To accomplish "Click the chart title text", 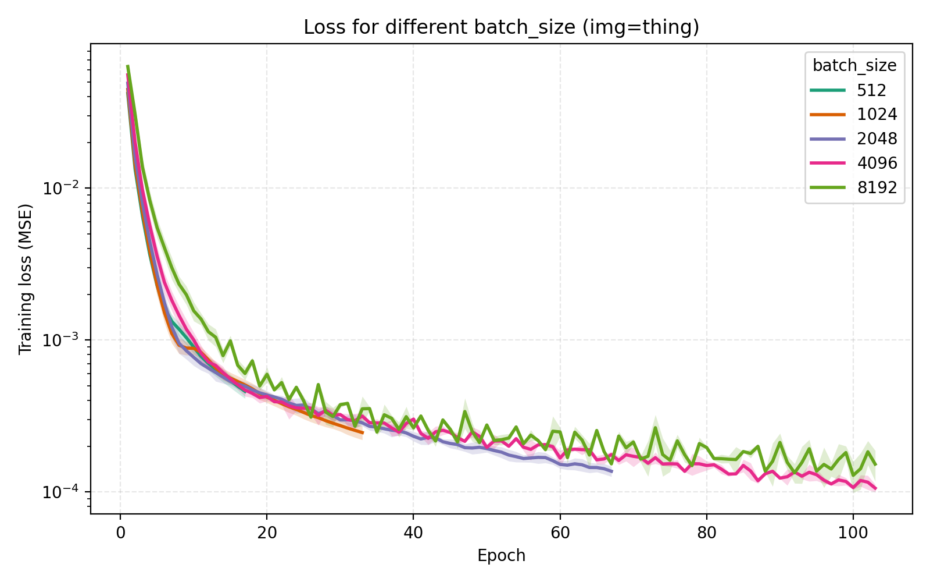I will (501, 27).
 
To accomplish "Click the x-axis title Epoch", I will (501, 556).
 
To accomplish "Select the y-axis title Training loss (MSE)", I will (25, 279).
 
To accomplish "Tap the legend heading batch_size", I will (854, 66).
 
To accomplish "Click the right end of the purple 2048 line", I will (611, 471).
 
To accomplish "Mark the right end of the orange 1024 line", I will (362, 432).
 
